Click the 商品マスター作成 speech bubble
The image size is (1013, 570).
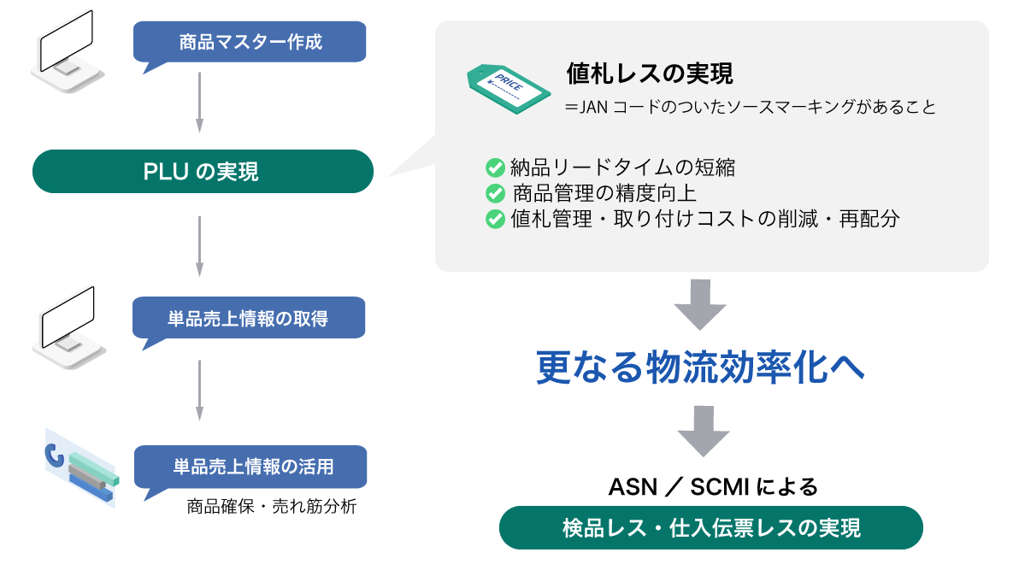click(x=250, y=43)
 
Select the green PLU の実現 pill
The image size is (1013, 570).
click(x=203, y=172)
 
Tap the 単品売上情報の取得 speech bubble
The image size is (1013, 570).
click(x=249, y=318)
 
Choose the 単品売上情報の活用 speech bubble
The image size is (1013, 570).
click(x=250, y=467)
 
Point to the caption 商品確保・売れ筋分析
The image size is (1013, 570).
click(x=271, y=507)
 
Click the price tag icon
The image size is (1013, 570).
click(x=509, y=89)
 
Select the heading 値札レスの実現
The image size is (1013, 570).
click(x=650, y=73)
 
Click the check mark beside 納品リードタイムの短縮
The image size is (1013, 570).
click(x=495, y=167)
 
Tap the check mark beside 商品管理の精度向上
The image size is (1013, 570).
click(x=495, y=193)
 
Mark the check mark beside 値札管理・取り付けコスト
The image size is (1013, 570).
click(x=495, y=219)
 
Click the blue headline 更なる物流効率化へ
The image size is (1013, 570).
click(x=700, y=367)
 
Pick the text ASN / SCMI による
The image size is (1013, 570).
click(x=713, y=487)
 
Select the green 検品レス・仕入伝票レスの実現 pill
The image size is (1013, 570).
click(x=710, y=528)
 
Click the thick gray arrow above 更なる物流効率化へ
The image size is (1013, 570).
click(x=700, y=305)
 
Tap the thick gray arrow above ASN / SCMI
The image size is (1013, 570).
click(x=704, y=432)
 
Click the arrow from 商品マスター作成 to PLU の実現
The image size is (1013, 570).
click(x=200, y=103)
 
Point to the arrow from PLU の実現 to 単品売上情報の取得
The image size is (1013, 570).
click(x=200, y=247)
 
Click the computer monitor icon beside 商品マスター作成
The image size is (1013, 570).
click(x=68, y=51)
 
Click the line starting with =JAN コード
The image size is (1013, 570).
click(x=750, y=107)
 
